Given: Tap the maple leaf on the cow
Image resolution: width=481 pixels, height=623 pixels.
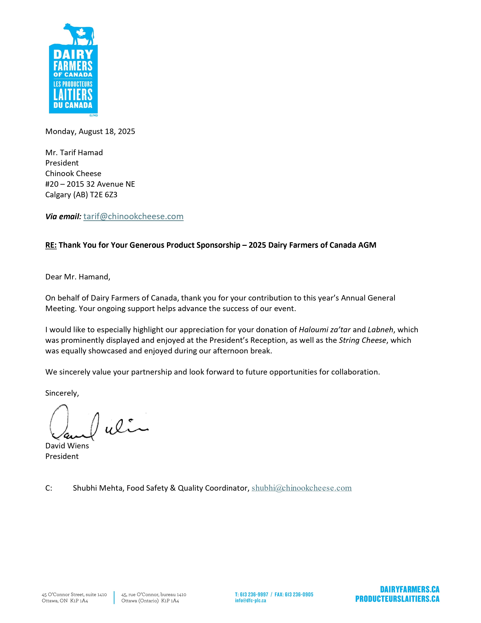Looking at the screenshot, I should click(81, 33).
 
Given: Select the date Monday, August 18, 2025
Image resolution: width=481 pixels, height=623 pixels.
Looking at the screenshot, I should click(90, 132).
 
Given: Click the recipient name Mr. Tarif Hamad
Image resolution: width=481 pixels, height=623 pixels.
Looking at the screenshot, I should click(74, 153).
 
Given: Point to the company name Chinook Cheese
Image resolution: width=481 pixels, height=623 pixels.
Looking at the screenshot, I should click(73, 173).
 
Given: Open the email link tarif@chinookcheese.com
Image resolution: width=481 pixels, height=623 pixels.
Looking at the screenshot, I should click(133, 217).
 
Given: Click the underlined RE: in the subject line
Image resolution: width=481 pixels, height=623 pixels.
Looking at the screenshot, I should click(51, 245).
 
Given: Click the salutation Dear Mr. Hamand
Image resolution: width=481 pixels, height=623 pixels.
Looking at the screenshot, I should click(78, 277).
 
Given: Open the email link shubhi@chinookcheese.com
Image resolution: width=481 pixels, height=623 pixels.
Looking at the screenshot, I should click(301, 488).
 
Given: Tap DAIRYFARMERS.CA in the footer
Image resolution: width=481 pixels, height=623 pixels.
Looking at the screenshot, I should click(410, 589).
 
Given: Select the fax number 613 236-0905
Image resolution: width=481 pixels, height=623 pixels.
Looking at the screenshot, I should click(299, 594).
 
